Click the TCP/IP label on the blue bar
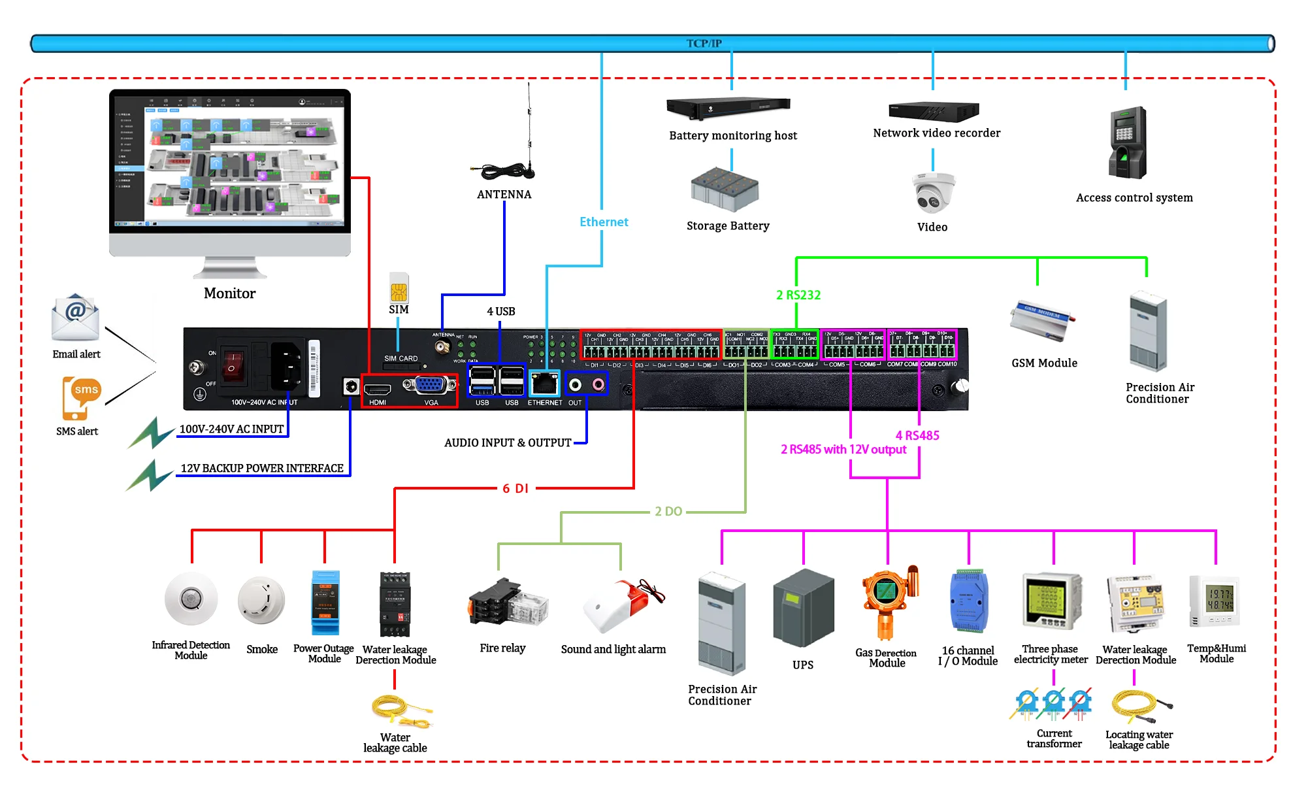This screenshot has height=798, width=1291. (704, 43)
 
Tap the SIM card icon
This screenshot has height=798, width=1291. (399, 288)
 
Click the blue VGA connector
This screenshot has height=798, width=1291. (429, 385)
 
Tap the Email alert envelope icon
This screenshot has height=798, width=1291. (75, 318)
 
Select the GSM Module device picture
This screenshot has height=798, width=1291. (1042, 320)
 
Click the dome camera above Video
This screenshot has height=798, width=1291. (933, 193)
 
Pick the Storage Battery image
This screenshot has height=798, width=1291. (725, 190)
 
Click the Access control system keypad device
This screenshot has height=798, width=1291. (1127, 142)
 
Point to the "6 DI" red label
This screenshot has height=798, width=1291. (515, 488)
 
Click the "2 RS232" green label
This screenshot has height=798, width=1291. (798, 295)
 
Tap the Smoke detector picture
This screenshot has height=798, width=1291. (261, 600)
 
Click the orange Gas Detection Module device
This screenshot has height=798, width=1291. (887, 601)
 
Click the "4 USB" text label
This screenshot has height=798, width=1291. (500, 311)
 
